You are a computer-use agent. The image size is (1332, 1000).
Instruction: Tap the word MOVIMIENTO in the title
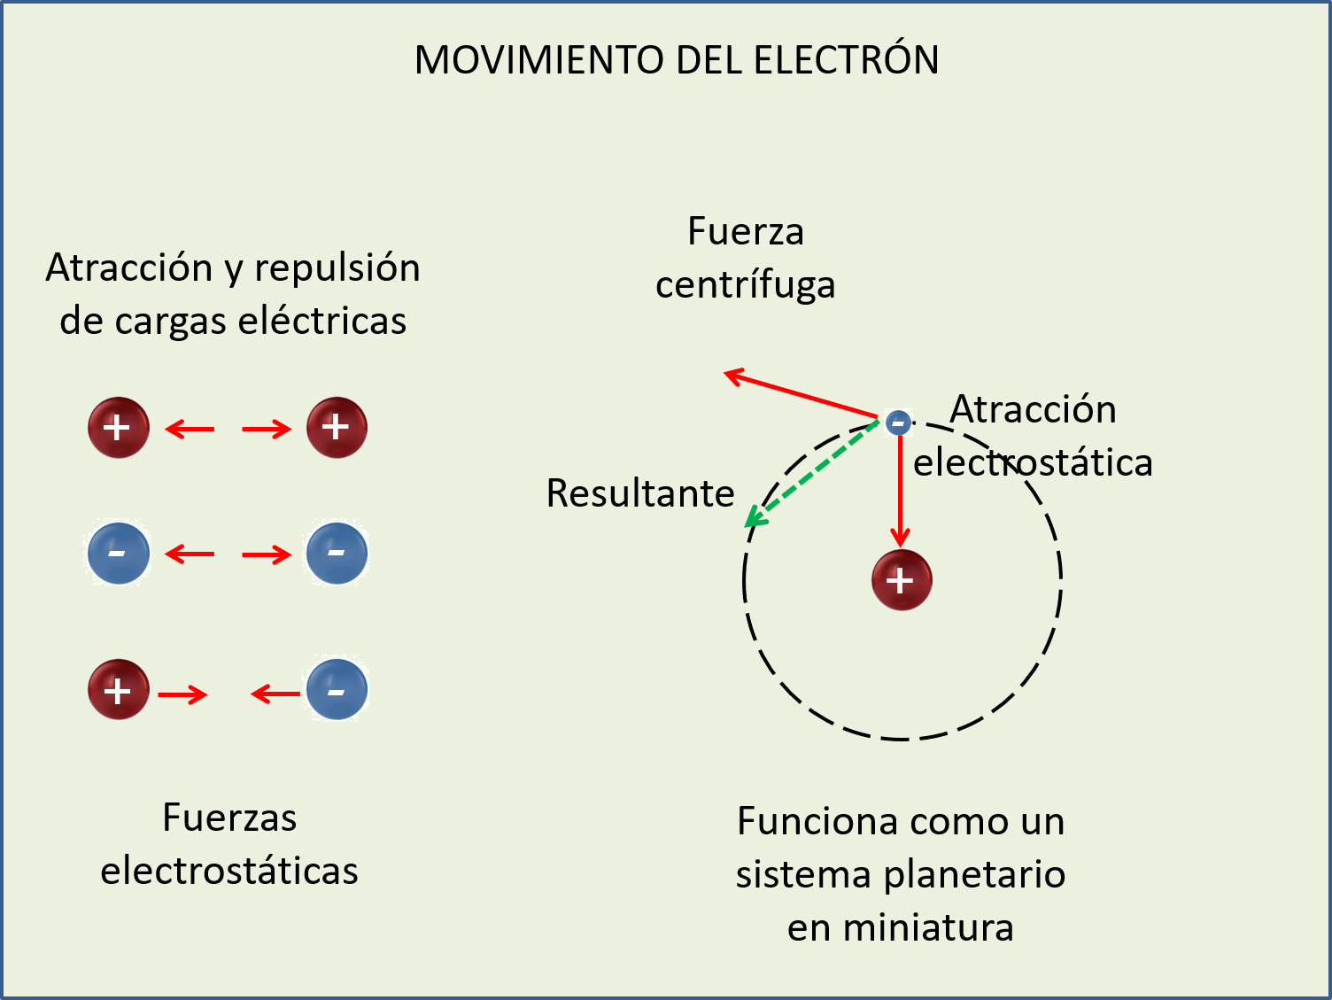(x=538, y=60)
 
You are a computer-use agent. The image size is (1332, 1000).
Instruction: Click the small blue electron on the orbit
(x=898, y=422)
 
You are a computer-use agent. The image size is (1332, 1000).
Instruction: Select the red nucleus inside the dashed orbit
(x=902, y=581)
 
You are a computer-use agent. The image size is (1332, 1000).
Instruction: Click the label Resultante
(x=640, y=493)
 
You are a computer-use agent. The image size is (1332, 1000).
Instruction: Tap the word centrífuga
(x=745, y=285)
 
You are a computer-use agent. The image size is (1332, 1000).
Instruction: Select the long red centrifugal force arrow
(x=801, y=395)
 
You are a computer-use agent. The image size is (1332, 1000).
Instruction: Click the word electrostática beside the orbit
(x=1033, y=462)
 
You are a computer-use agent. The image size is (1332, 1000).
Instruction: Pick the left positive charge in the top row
(x=118, y=428)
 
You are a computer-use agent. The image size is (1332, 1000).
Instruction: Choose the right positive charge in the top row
(x=337, y=428)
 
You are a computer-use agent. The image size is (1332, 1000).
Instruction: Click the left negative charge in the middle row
(x=118, y=554)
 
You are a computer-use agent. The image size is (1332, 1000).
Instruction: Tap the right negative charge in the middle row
(x=337, y=554)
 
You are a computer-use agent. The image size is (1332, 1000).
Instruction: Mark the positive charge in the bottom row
(x=118, y=689)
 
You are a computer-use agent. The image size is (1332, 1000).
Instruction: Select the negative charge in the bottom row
(x=337, y=689)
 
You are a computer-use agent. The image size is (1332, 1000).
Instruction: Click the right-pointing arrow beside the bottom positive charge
(x=182, y=694)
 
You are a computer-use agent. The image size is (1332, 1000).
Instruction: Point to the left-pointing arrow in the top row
(x=190, y=430)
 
